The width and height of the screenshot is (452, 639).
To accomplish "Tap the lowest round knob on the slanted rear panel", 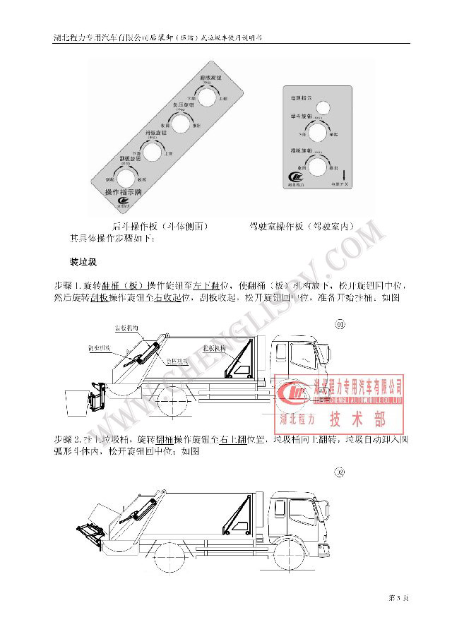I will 126,177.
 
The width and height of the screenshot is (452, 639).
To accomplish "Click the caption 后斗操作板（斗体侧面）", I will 160,227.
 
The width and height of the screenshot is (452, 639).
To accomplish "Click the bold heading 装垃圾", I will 83,262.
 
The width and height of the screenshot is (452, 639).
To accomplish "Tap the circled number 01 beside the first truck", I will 339,324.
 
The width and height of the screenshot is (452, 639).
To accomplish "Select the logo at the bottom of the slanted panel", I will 124,205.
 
